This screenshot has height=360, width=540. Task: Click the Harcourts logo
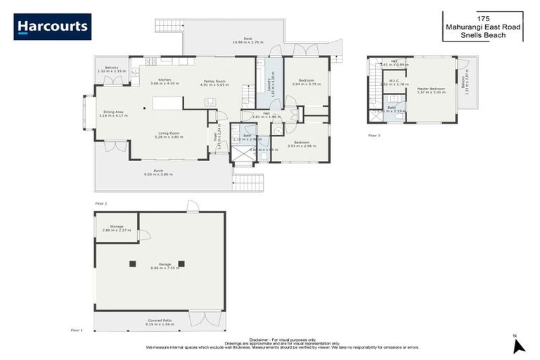(x=52, y=27)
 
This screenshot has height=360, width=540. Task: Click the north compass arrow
(x=519, y=345)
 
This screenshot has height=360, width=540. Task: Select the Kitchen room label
(x=165, y=82)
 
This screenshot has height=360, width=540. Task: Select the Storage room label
(x=116, y=228)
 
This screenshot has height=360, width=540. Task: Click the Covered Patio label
(x=159, y=322)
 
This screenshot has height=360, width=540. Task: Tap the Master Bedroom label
(x=431, y=90)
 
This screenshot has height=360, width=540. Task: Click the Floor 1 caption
(x=77, y=329)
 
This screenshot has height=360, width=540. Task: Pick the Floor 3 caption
(x=374, y=135)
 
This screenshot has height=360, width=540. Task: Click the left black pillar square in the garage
(x=132, y=264)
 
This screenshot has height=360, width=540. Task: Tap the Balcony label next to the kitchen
(x=111, y=70)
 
